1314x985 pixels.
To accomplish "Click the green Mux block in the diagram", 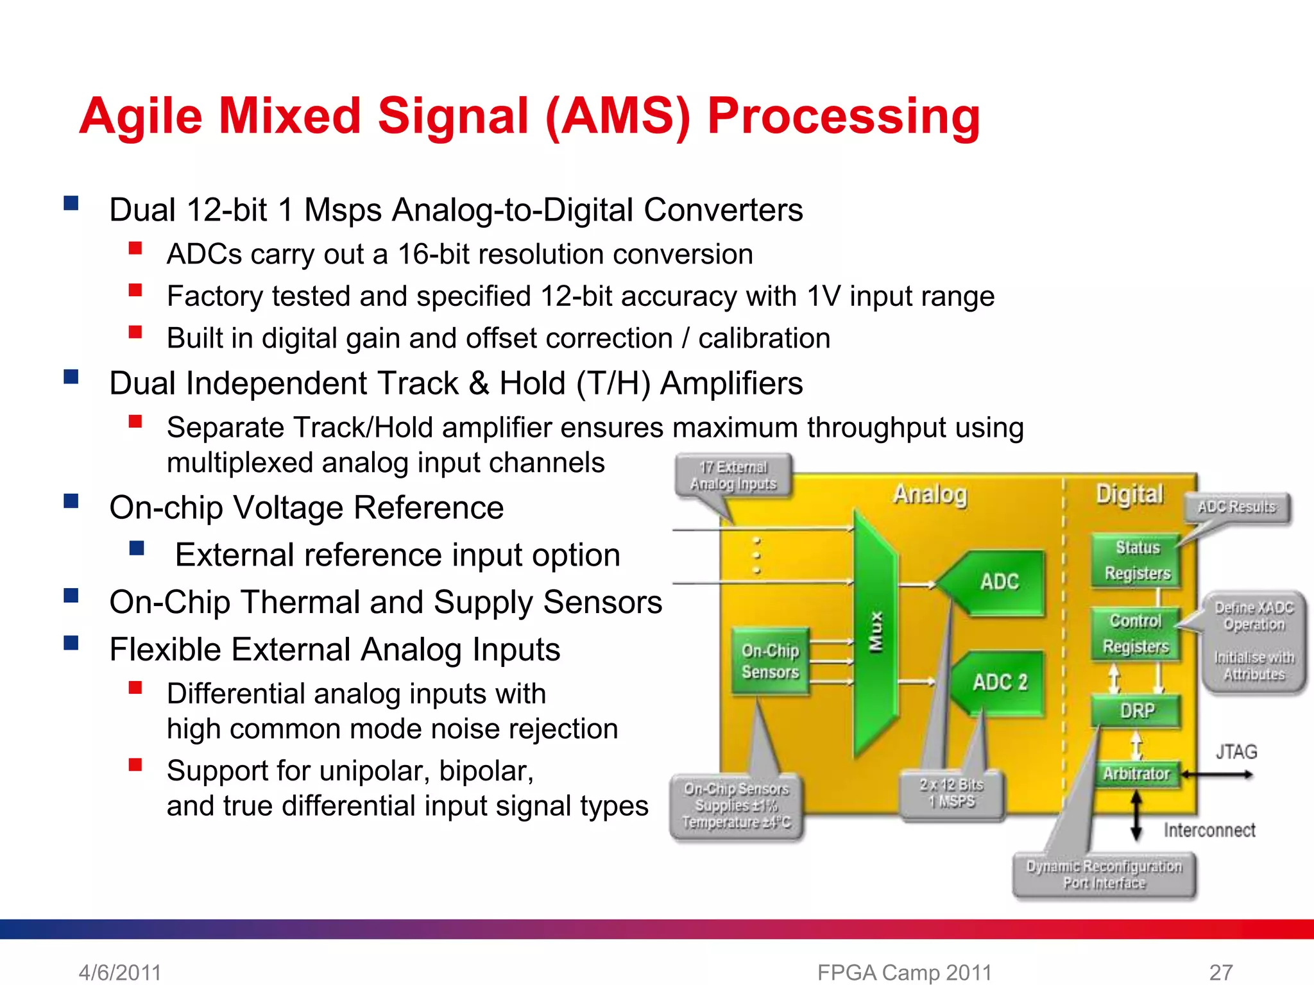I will [x=875, y=632].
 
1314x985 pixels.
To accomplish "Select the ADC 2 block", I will [x=999, y=682].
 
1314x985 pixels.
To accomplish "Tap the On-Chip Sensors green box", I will [x=770, y=661].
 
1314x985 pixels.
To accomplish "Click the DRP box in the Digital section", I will [x=1136, y=711].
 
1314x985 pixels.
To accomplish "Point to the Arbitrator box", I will [x=1136, y=774].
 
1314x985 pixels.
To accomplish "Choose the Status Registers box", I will [x=1137, y=560].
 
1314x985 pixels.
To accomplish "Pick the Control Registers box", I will [x=1136, y=634].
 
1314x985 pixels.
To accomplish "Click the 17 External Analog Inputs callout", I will [x=733, y=476].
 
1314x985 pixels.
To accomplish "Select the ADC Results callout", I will [x=1236, y=507].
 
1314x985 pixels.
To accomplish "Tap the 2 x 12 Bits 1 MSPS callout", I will [x=951, y=794].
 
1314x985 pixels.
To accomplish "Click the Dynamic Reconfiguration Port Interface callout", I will [x=1104, y=875].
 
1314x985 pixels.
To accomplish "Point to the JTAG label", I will [x=1236, y=752].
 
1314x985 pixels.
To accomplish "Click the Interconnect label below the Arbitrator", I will [x=1209, y=830].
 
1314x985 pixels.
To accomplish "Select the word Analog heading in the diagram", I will [x=930, y=494].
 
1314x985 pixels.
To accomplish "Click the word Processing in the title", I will [x=843, y=117].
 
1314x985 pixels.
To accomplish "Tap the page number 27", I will [x=1220, y=972].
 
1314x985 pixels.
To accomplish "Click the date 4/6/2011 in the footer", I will [x=120, y=972].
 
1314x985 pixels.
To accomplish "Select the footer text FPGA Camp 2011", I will [x=904, y=972].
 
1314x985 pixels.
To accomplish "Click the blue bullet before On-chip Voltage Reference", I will [x=71, y=501].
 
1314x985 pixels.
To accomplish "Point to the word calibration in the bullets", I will [x=764, y=339].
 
